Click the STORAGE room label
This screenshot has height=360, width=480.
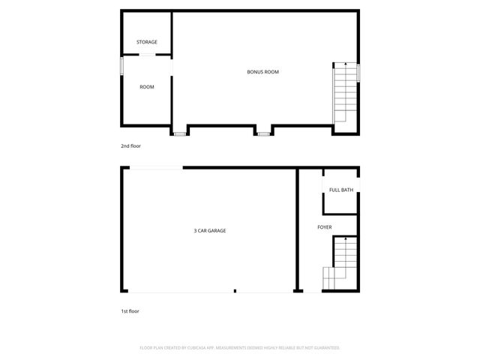pyautogui.click(x=147, y=42)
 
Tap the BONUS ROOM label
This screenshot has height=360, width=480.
pyautogui.click(x=263, y=72)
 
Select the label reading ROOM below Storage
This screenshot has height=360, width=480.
pyautogui.click(x=147, y=87)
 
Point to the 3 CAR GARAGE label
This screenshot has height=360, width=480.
pyautogui.click(x=210, y=230)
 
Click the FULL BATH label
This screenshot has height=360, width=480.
pyautogui.click(x=341, y=190)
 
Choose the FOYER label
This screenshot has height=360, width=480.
pyautogui.click(x=325, y=226)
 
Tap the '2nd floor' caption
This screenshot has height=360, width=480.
pyautogui.click(x=130, y=145)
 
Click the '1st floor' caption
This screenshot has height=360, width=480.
pyautogui.click(x=130, y=310)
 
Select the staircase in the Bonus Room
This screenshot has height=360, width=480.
pyautogui.click(x=344, y=91)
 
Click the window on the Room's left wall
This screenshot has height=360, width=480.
pyautogui.click(x=123, y=65)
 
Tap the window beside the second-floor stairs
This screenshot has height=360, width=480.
pyautogui.click(x=358, y=72)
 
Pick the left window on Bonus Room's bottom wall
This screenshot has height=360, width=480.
pyautogui.click(x=180, y=134)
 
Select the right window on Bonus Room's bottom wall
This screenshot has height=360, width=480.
pyautogui.click(x=263, y=134)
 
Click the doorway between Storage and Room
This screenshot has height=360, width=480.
pyautogui.click(x=147, y=55)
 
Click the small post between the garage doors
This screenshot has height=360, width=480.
pyautogui.click(x=235, y=291)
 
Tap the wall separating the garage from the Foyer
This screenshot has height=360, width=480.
pyautogui.click(x=297, y=229)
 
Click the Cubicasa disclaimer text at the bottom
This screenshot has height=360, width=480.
pyautogui.click(x=240, y=348)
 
